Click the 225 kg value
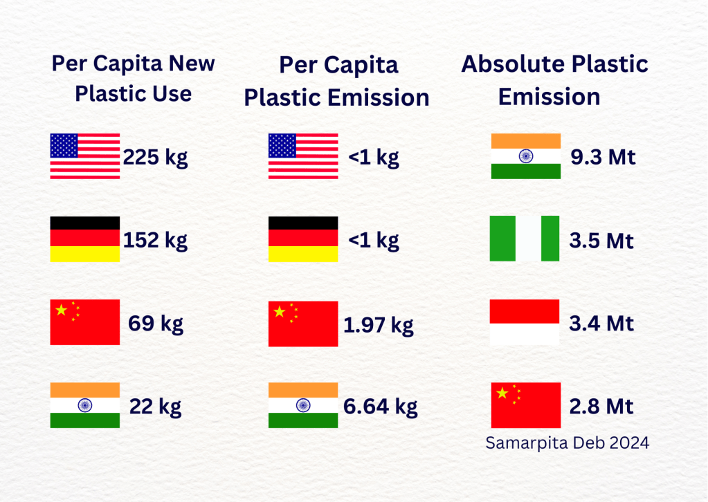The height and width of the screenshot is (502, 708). point(155,158)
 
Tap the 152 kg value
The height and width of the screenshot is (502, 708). point(155,241)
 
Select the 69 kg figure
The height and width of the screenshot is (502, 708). point(156,324)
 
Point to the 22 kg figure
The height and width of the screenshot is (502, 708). point(156,406)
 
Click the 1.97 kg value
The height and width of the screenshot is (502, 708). point(379,324)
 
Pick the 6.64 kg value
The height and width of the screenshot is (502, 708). point(381,407)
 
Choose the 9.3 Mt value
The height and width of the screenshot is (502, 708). point(603,158)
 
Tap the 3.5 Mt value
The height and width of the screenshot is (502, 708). point(601,241)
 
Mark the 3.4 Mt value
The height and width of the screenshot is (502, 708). point(601,323)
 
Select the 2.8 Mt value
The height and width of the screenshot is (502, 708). point(601,406)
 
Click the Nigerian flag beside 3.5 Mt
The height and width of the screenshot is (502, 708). point(525,239)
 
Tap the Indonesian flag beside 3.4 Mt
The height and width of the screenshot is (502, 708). point(525,322)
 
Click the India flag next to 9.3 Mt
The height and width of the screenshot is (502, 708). point(526,156)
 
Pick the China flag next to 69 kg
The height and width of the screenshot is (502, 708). point(85,322)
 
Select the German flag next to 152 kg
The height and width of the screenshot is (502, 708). point(85,239)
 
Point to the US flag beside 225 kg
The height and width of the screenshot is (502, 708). point(85,156)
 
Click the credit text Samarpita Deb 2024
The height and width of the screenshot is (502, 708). point(568,443)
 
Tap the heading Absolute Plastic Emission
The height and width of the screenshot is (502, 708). point(554,80)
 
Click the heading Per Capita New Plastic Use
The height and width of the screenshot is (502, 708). point(134,78)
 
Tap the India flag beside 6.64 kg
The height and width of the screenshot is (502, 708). point(303,405)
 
